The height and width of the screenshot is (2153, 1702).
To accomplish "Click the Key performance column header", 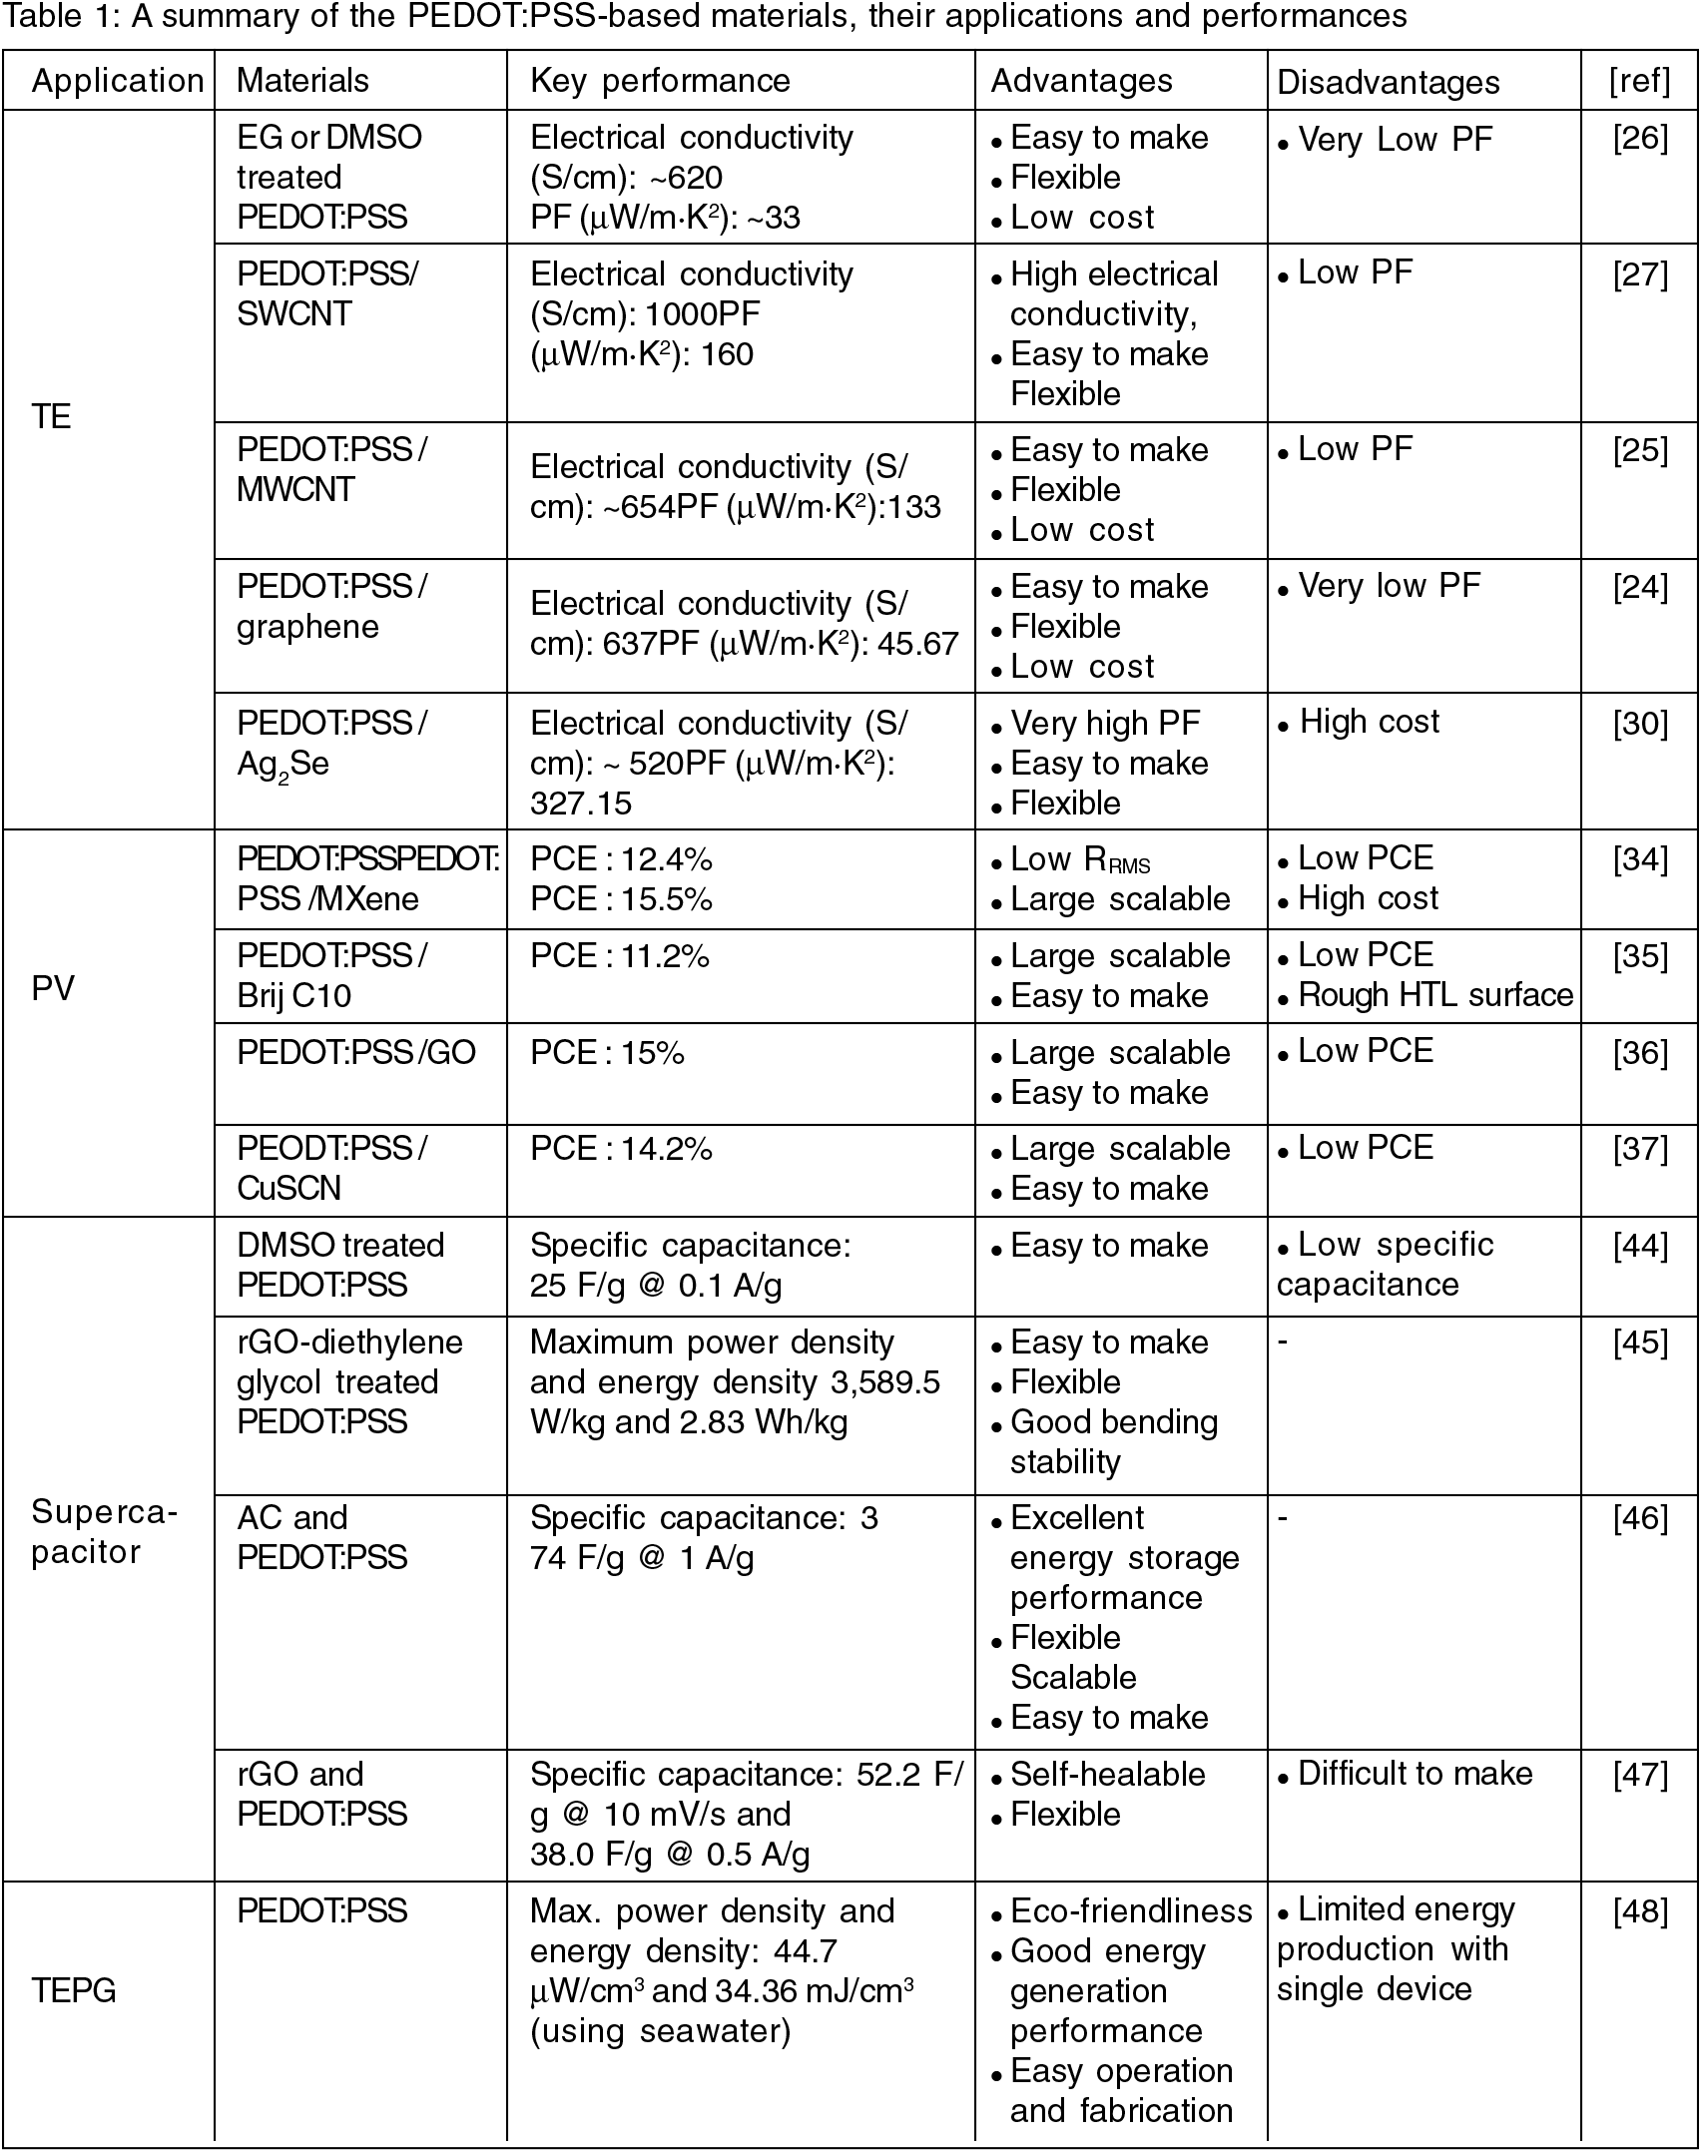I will [660, 81].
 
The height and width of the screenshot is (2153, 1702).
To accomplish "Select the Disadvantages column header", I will [1388, 82].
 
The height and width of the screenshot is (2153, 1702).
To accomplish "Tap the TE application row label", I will [52, 416].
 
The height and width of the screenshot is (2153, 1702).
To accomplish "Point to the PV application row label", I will [53, 988].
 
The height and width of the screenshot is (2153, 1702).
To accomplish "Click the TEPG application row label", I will [74, 1990].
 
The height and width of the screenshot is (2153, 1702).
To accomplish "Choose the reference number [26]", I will [1640, 138].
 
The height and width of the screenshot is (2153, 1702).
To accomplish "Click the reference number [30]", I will [1640, 724].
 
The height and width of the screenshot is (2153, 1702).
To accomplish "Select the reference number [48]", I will [1640, 1911].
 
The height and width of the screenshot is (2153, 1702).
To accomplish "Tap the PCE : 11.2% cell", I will [620, 956].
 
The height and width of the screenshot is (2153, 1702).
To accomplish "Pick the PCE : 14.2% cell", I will [621, 1149].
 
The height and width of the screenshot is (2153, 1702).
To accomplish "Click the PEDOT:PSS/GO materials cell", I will [356, 1052].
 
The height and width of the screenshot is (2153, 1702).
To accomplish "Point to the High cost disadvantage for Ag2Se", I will [1369, 722].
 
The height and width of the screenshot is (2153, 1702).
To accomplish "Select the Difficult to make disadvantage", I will [1415, 1773].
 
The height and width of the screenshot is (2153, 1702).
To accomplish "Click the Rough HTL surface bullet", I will [1434, 994].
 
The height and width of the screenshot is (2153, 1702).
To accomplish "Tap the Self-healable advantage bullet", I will [1107, 1774].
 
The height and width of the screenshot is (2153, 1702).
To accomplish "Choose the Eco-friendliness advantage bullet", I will [1130, 1910].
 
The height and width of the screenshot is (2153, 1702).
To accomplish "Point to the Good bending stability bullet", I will [1113, 1441].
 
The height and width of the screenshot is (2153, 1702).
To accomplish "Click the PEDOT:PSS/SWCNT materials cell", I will [327, 293].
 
